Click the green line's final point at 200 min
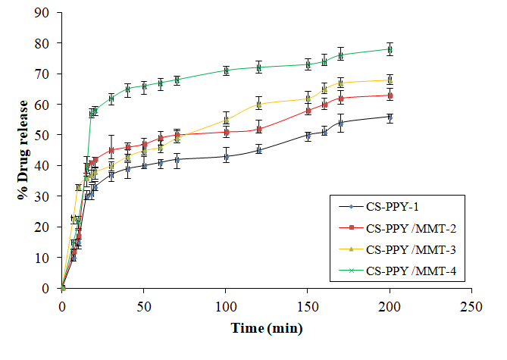coord(390,49)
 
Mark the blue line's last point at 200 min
coord(390,117)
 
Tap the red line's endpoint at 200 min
coord(390,95)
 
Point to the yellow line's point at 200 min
coord(390,80)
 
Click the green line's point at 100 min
coord(226,70)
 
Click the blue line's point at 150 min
coord(308,136)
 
